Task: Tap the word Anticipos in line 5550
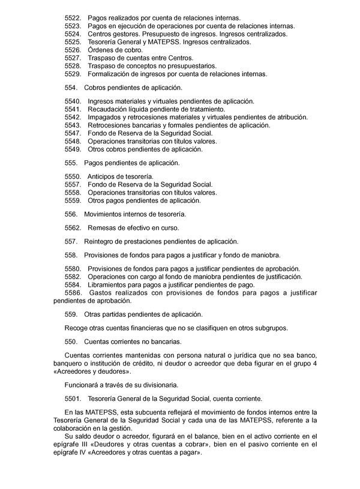tap(103, 177)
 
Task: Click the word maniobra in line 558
tap(265, 255)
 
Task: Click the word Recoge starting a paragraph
tap(76, 328)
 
